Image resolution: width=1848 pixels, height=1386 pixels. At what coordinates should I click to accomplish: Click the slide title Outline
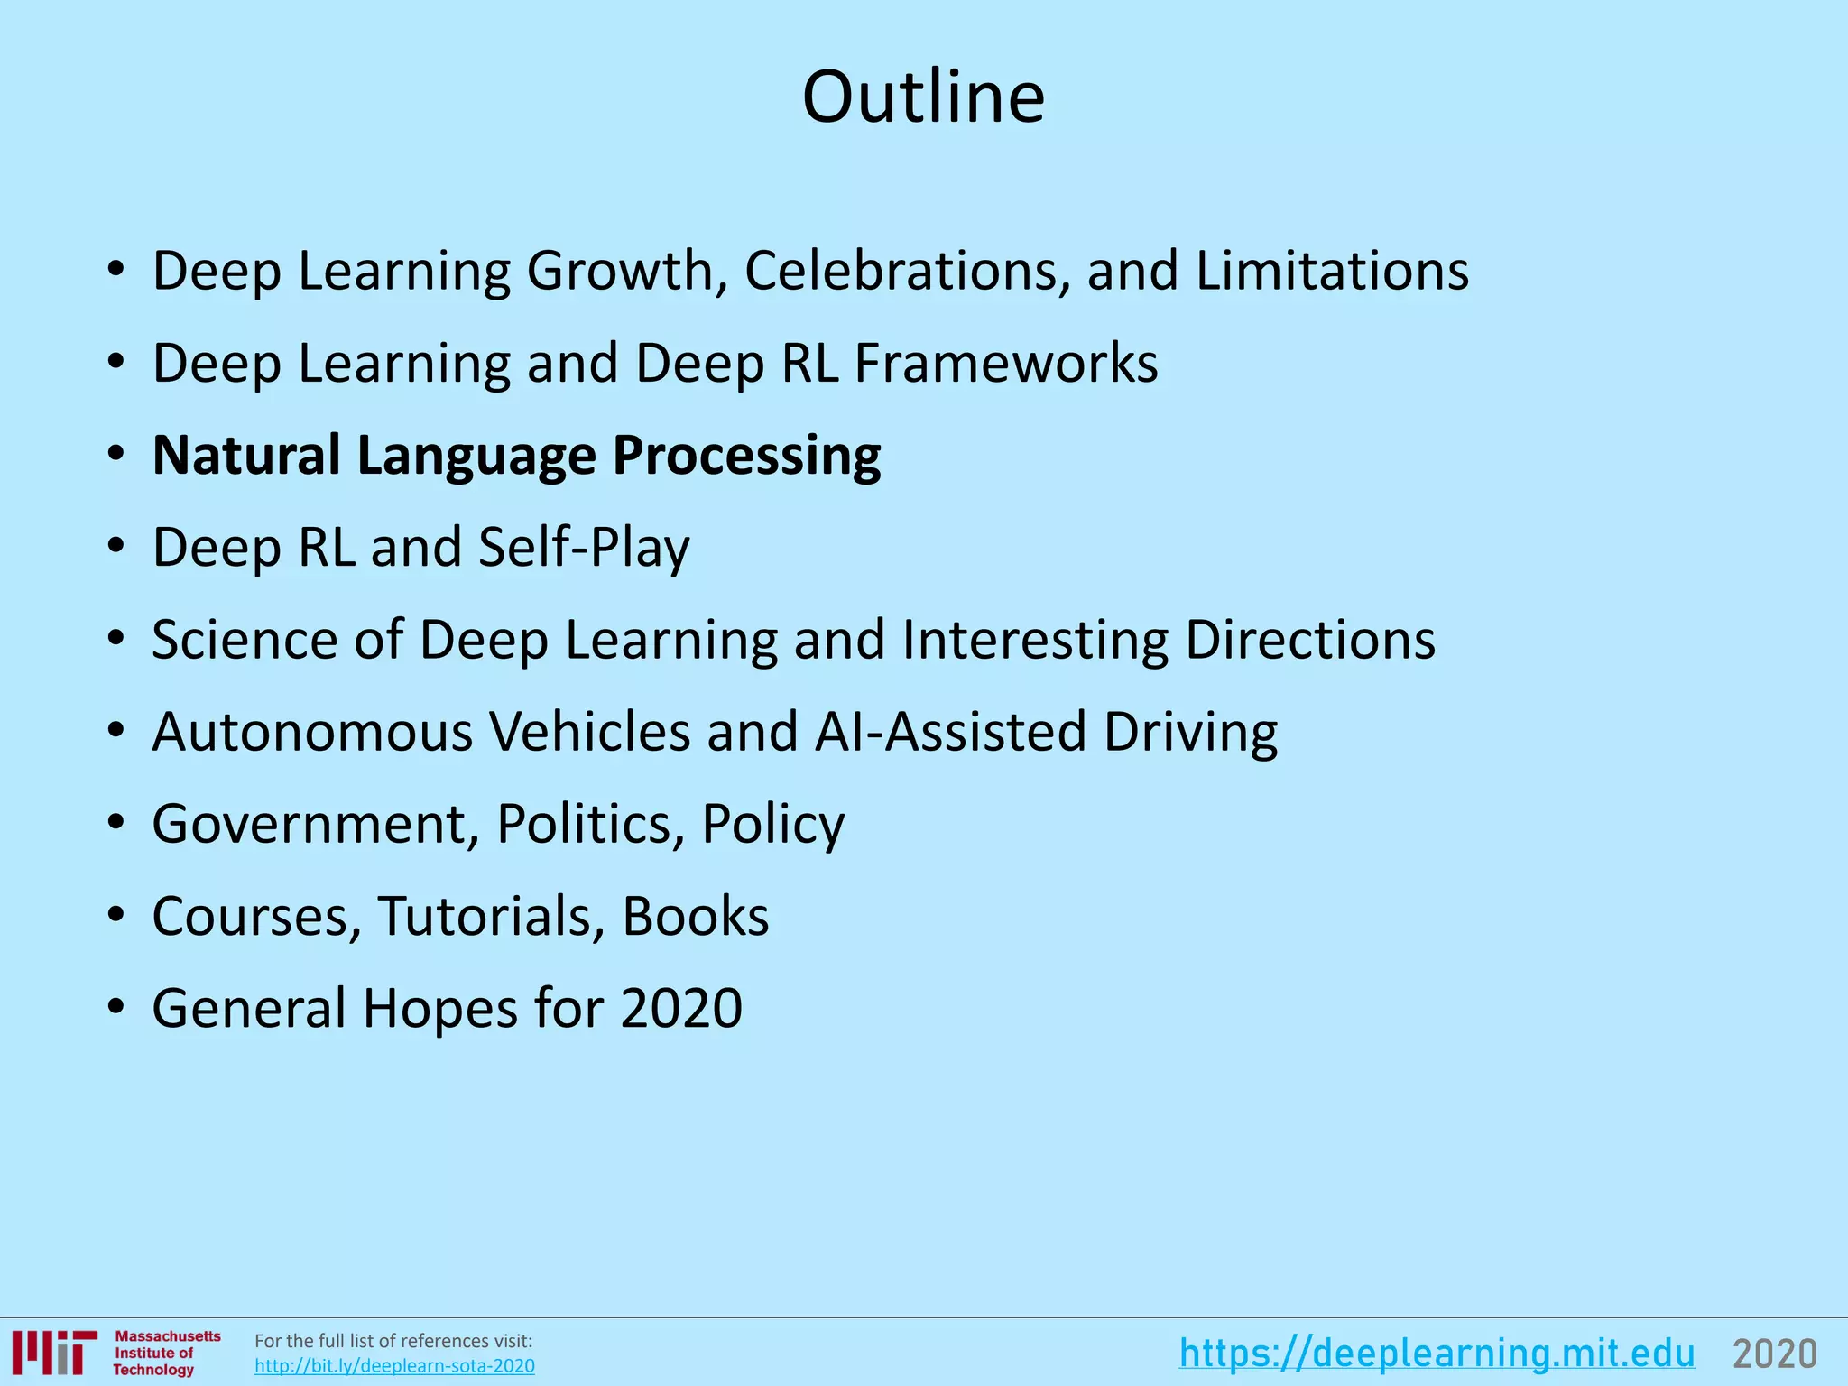coord(923,97)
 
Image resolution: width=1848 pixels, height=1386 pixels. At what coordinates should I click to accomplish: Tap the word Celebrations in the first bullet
coord(907,270)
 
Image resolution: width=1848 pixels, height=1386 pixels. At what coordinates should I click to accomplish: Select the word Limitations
coord(1332,270)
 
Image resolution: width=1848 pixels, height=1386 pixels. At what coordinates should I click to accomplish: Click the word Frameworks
coord(1005,363)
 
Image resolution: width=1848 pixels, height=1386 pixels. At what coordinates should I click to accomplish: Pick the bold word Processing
coord(746,455)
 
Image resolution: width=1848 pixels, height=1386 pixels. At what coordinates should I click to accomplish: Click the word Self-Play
coord(584,548)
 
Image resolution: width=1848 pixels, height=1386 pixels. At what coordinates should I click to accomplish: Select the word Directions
coord(1309,640)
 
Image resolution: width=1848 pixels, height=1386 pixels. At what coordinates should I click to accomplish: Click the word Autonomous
coord(312,732)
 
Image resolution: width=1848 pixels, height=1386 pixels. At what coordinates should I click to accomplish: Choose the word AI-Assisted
coord(950,732)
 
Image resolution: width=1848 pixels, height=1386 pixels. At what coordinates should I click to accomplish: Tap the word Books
coord(695,917)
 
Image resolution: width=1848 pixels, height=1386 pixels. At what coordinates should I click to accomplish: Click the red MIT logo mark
coord(55,1353)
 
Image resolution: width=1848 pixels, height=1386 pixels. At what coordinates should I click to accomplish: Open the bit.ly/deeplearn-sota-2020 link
coord(394,1366)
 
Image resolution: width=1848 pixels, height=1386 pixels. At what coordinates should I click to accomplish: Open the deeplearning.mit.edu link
coord(1437,1354)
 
